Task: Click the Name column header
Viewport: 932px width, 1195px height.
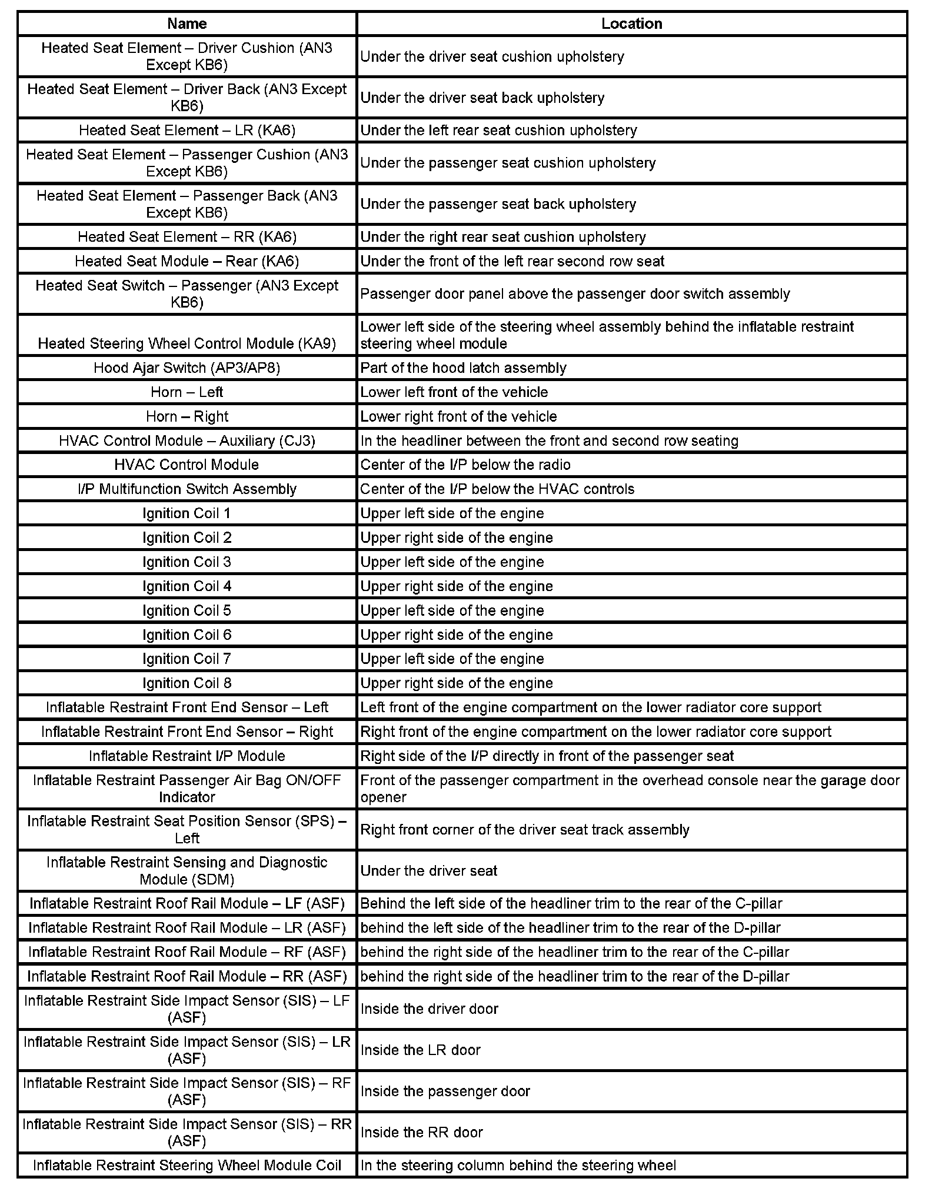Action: pyautogui.click(x=187, y=24)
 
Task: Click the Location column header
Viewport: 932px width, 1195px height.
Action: pyautogui.click(x=631, y=24)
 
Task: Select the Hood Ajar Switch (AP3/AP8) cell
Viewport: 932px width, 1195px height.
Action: pyautogui.click(x=187, y=368)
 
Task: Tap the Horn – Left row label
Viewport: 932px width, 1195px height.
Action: pyautogui.click(x=187, y=392)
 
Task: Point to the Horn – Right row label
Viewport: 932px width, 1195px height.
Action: pyautogui.click(x=187, y=416)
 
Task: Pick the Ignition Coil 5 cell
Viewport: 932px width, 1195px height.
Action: pyautogui.click(x=187, y=610)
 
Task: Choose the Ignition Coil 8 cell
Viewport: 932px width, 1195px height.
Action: pyautogui.click(x=187, y=683)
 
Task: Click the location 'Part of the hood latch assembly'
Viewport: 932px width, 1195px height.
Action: pyautogui.click(x=463, y=368)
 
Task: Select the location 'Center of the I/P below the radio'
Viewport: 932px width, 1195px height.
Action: pyautogui.click(x=465, y=465)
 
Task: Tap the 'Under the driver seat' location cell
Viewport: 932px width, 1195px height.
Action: pyautogui.click(x=428, y=870)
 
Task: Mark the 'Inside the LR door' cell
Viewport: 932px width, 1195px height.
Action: pyautogui.click(x=420, y=1050)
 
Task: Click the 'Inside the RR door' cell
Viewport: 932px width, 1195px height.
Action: pyautogui.click(x=421, y=1132)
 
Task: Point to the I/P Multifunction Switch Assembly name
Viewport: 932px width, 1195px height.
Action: pyautogui.click(x=187, y=489)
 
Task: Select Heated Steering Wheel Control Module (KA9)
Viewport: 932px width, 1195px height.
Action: pyautogui.click(x=187, y=343)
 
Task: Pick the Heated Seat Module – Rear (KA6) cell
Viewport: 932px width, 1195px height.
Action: pyautogui.click(x=187, y=261)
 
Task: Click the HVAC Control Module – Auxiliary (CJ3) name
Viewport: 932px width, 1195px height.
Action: pyautogui.click(x=187, y=440)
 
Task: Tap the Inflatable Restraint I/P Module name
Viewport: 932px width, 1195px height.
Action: pyautogui.click(x=187, y=756)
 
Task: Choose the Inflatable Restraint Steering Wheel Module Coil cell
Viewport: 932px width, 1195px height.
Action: pyautogui.click(x=187, y=1165)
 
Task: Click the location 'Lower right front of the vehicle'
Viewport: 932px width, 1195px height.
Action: pyautogui.click(x=458, y=416)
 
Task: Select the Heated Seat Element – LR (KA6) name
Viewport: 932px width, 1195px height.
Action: pyautogui.click(x=187, y=130)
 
